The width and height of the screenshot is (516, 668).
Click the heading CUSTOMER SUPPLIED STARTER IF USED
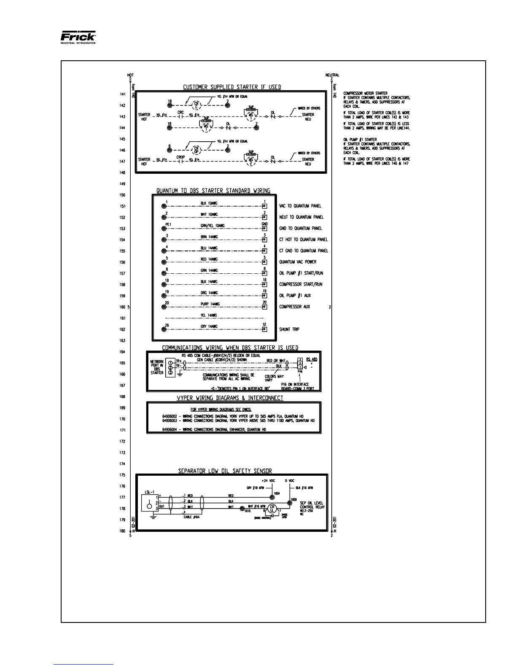tap(232, 87)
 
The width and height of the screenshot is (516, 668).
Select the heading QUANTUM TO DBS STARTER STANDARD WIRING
tap(213, 191)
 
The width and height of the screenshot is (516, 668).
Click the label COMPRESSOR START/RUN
tap(301, 285)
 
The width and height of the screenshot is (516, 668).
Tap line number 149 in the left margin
tap(122, 184)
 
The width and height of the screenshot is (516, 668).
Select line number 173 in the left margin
tap(122, 453)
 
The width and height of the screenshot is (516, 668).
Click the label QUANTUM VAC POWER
tap(298, 262)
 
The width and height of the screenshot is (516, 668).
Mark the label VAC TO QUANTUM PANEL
tap(300, 206)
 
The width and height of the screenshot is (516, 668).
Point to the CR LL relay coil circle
tap(272, 509)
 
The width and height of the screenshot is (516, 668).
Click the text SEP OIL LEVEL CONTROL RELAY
tap(312, 505)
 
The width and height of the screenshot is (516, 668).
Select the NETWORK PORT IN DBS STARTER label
tap(157, 367)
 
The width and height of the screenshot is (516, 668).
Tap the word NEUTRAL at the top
tap(332, 75)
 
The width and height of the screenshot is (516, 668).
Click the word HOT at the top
tap(131, 75)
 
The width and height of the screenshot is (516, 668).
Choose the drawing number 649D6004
tap(171, 429)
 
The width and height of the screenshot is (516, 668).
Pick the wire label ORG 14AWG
tap(210, 293)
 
